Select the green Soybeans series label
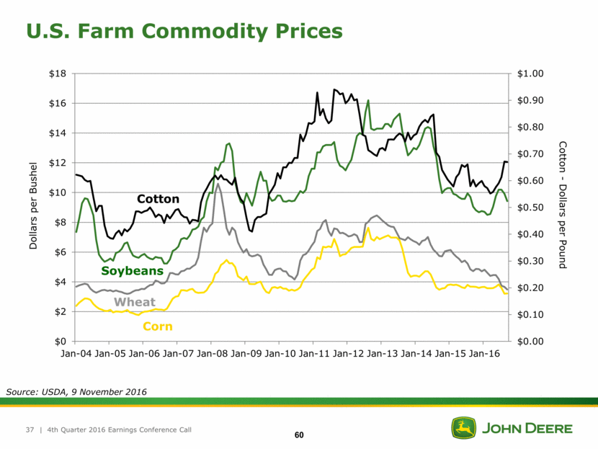click(133, 271)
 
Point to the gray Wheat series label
click(135, 301)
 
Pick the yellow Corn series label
click(157, 326)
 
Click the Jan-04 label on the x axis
click(76, 355)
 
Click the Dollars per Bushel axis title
click(33, 207)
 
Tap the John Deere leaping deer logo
click(463, 428)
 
